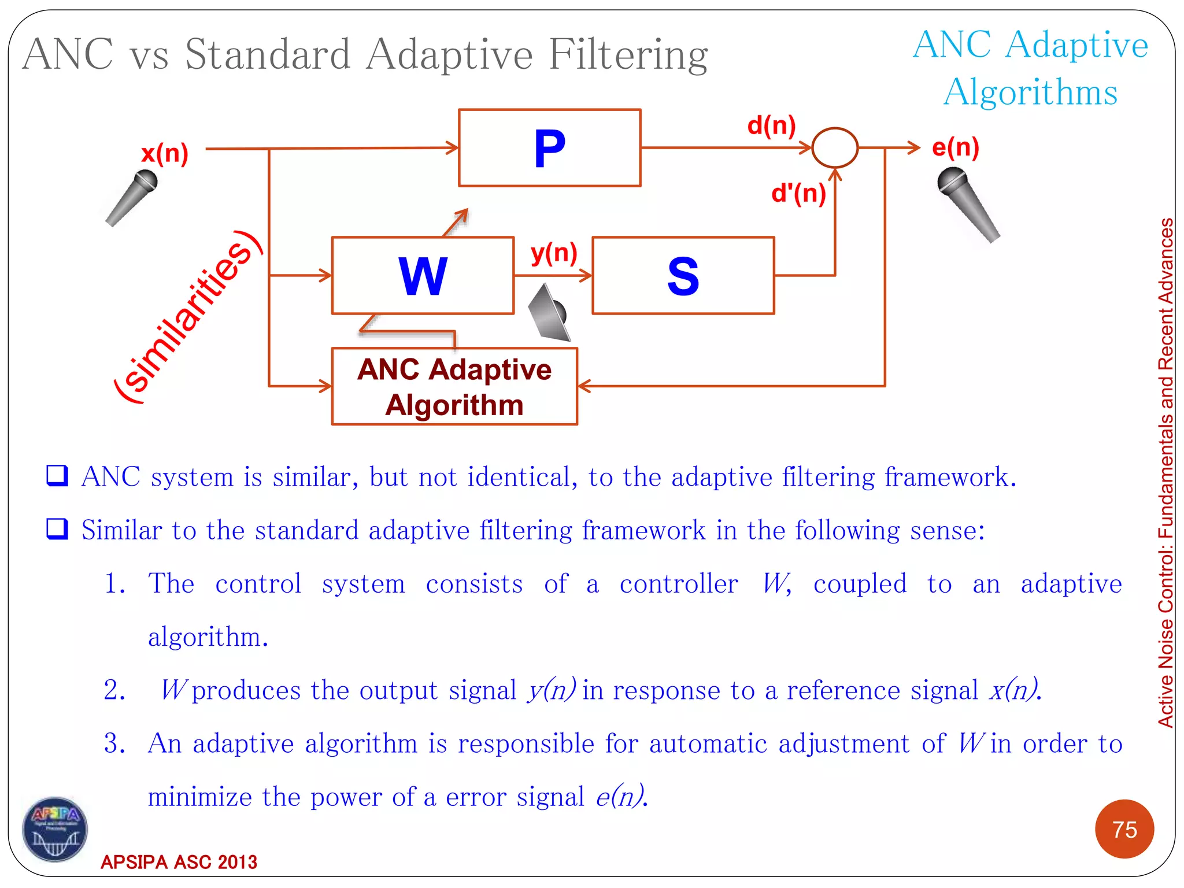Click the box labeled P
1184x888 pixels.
pos(549,148)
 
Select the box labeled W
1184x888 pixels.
pos(423,276)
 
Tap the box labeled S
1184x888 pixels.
pos(683,276)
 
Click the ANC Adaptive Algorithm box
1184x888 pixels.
pos(454,386)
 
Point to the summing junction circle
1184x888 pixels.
pos(835,148)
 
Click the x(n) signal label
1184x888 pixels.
pos(165,153)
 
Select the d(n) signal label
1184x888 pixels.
pos(771,125)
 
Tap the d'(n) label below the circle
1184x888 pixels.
pos(798,193)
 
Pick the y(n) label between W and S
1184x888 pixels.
pos(554,253)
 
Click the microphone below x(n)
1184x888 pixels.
pos(132,197)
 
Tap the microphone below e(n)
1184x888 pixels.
pos(967,203)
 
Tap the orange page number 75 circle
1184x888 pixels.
pos(1124,829)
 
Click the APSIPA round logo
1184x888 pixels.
pos(55,829)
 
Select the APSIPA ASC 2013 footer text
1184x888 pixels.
pos(179,862)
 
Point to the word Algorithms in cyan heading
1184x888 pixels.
pos(1030,92)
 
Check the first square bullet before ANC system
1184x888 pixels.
pos(57,476)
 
